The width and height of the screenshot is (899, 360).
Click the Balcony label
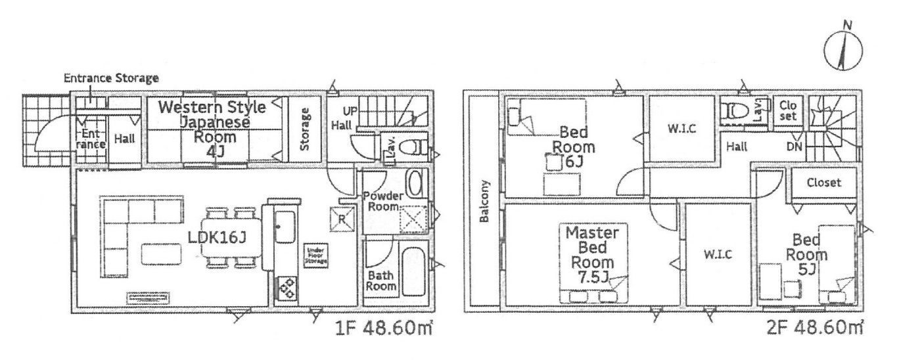tap(484, 202)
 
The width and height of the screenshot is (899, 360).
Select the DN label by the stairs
tap(794, 146)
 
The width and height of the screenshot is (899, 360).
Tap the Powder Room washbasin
tap(415, 182)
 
